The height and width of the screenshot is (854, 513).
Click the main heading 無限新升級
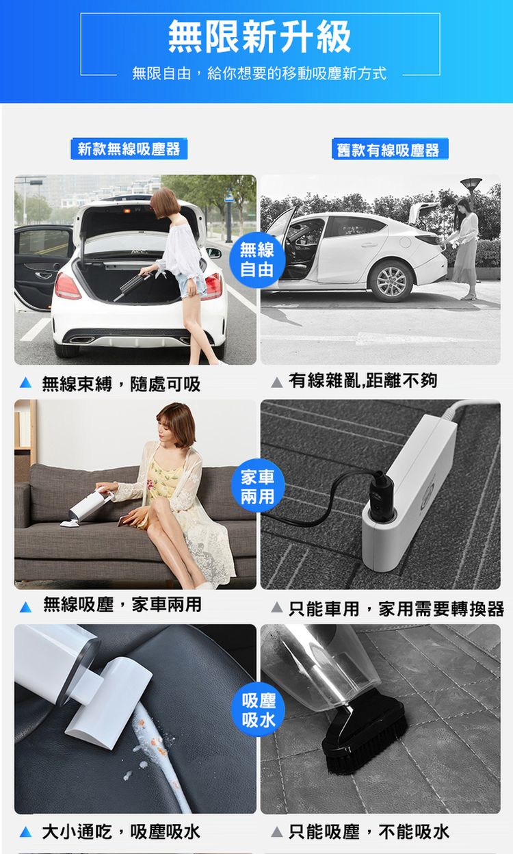click(x=259, y=36)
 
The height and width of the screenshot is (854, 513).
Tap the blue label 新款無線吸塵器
click(x=129, y=148)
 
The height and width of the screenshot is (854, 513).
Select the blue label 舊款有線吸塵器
click(x=390, y=149)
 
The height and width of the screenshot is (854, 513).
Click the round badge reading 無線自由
click(x=257, y=259)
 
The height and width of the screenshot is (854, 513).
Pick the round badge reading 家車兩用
click(x=258, y=486)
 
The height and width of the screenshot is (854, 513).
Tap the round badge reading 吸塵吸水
click(x=259, y=710)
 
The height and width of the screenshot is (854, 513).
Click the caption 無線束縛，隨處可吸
click(x=121, y=384)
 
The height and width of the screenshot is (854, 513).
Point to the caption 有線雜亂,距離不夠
click(x=363, y=380)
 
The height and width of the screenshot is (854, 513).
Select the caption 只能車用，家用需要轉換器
click(x=396, y=608)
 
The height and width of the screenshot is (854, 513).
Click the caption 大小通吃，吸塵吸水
click(x=121, y=831)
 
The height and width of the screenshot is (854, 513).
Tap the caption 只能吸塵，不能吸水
click(x=369, y=831)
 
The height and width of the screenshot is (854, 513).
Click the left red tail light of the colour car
click(x=67, y=286)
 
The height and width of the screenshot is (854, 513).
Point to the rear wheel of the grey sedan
click(x=391, y=282)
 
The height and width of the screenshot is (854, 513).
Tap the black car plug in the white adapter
click(x=382, y=495)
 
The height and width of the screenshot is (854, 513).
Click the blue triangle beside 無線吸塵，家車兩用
click(x=25, y=606)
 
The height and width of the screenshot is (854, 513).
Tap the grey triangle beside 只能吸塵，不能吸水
click(x=277, y=831)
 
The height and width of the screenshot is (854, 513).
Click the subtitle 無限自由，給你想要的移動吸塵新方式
click(x=259, y=73)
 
